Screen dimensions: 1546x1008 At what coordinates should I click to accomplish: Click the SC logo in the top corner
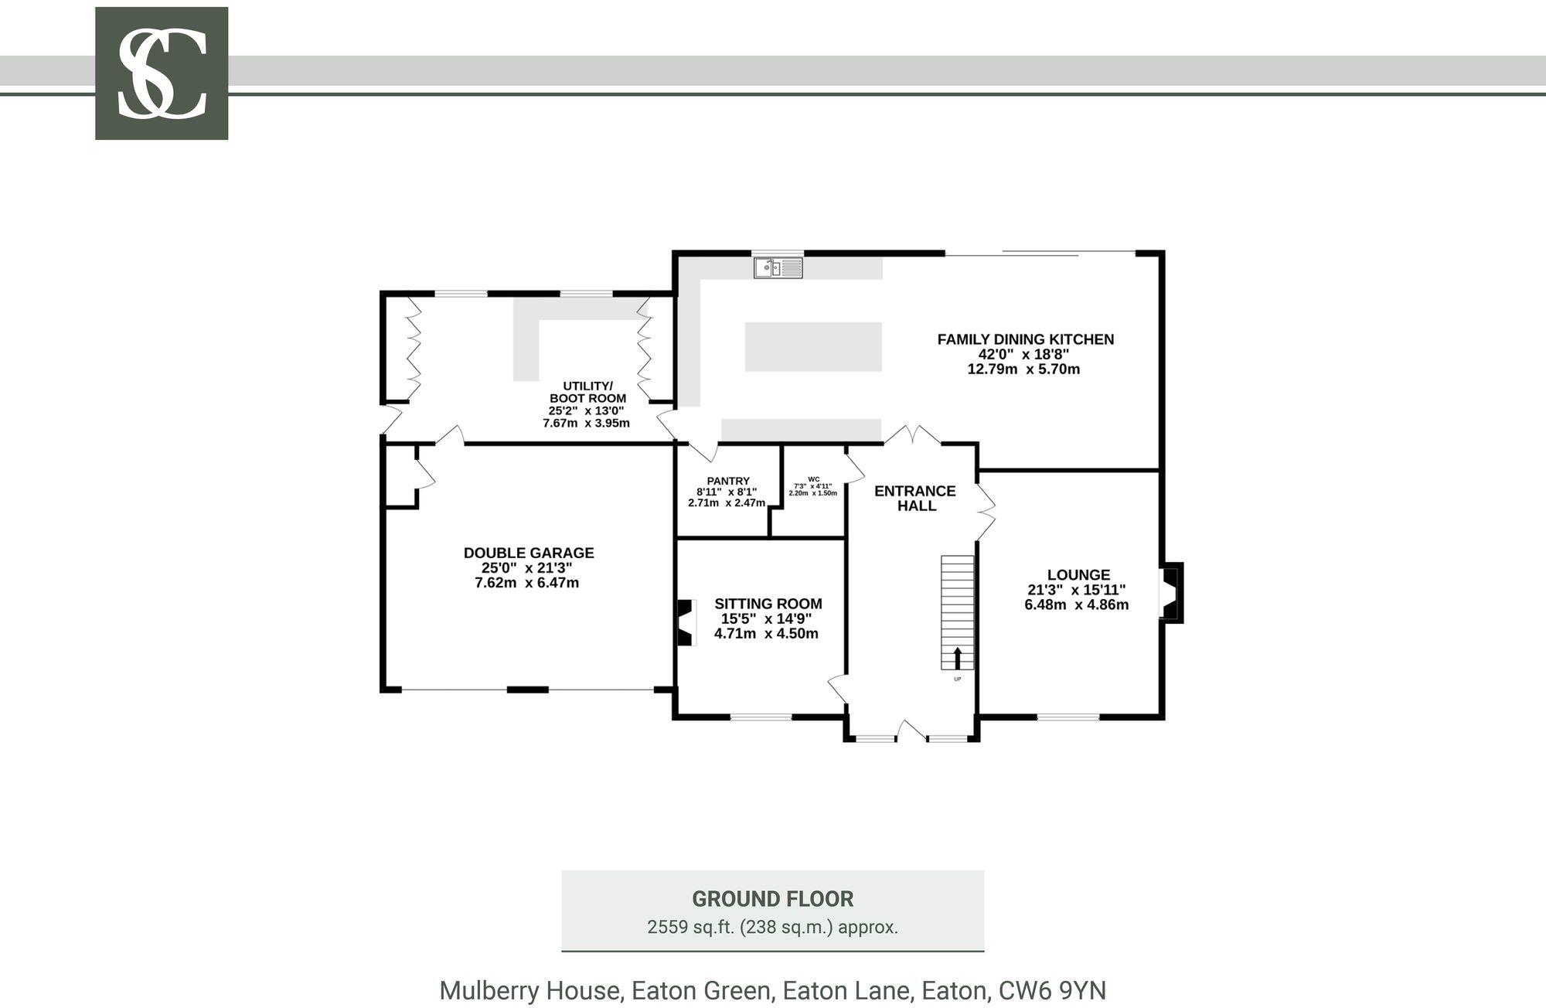coord(162,73)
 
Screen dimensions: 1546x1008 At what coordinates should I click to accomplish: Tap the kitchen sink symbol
coord(778,267)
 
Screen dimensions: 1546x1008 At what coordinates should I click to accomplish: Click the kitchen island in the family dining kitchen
coord(813,346)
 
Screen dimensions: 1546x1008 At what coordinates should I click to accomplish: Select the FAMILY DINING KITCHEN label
coord(1025,339)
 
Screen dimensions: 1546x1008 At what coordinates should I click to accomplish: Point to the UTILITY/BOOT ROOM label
coord(587,392)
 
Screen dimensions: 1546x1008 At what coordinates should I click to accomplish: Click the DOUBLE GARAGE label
coord(529,553)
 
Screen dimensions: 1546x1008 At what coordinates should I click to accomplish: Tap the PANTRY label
coord(728,481)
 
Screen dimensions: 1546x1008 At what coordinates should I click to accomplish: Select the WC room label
coord(813,479)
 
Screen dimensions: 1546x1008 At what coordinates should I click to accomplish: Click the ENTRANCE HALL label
coord(915,499)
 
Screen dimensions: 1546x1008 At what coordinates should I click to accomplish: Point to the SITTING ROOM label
coord(768,604)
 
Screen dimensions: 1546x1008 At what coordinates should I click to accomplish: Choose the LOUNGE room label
coord(1078,574)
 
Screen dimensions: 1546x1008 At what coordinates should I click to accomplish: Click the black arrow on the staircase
coord(958,658)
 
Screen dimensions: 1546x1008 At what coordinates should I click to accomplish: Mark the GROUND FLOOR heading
coord(773,899)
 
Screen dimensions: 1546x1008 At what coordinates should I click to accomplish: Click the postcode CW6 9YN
coord(1053,990)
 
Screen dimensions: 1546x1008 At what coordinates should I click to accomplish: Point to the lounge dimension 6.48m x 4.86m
coord(1077,604)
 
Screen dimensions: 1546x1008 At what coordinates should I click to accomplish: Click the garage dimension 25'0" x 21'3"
coord(527,567)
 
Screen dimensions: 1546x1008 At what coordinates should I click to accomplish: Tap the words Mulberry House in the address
coord(530,991)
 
